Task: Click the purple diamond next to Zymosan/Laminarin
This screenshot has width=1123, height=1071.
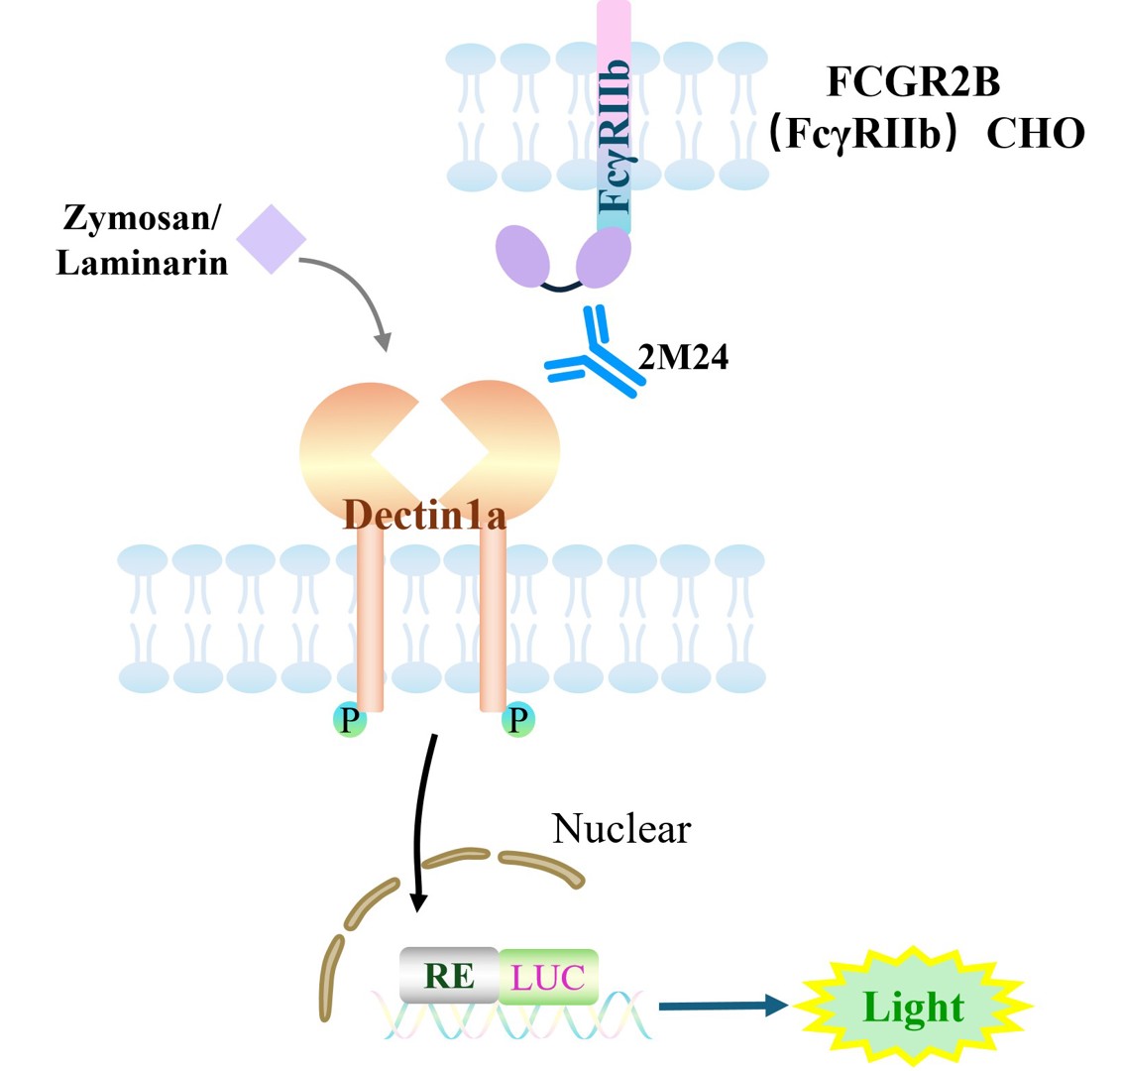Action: (x=272, y=239)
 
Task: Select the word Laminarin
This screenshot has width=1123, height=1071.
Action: (x=142, y=263)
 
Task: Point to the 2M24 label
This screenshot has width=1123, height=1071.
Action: (x=683, y=357)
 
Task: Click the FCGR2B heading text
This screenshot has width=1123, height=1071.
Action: (x=913, y=81)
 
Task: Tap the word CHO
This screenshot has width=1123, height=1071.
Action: (x=1036, y=134)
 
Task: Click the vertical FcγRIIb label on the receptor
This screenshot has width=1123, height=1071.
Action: (x=615, y=136)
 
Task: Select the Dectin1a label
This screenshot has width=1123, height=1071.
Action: (x=424, y=515)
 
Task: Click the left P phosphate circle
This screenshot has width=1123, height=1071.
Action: (x=350, y=719)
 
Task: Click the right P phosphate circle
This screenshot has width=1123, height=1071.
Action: (x=517, y=719)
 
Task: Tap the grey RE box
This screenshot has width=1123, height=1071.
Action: (x=449, y=975)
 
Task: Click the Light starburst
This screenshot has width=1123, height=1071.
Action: (x=914, y=1006)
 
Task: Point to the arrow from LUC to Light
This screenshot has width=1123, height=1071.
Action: (x=724, y=1006)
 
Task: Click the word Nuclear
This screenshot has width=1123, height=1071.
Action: (x=620, y=829)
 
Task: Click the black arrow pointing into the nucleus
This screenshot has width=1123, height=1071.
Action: (x=423, y=822)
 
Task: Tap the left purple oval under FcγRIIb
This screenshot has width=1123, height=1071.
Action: (x=522, y=256)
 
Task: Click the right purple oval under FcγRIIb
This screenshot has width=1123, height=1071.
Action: (x=604, y=257)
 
